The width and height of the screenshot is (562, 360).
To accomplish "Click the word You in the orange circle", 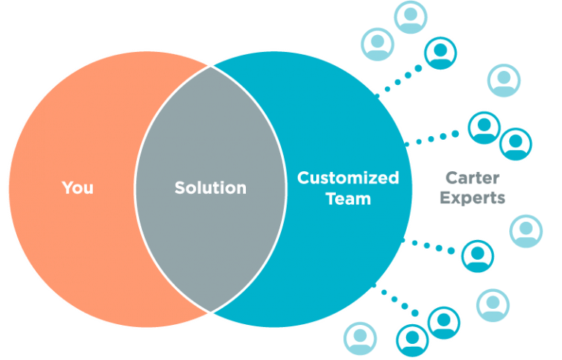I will click(78, 187).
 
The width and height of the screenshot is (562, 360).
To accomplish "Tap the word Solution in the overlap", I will click(210, 188).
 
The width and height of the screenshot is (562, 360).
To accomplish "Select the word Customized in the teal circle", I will click(348, 178).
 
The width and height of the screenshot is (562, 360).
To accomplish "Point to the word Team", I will click(348, 198).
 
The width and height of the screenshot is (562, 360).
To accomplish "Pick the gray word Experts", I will click(475, 198).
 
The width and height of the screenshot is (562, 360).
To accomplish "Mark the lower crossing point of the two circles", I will click(211, 312).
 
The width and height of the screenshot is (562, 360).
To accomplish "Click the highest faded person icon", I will click(411, 17).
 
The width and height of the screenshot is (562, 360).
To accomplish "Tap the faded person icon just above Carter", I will click(503, 80).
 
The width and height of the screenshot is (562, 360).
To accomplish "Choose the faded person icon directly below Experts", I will click(525, 231).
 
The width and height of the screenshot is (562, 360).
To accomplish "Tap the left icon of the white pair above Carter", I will click(484, 127).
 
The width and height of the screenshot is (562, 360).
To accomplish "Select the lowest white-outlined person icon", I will click(412, 340).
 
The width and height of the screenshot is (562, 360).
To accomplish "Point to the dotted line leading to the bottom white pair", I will click(399, 300).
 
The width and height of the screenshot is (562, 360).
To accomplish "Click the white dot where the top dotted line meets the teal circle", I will click(377, 95).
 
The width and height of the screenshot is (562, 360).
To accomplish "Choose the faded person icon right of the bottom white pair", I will click(492, 305).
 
